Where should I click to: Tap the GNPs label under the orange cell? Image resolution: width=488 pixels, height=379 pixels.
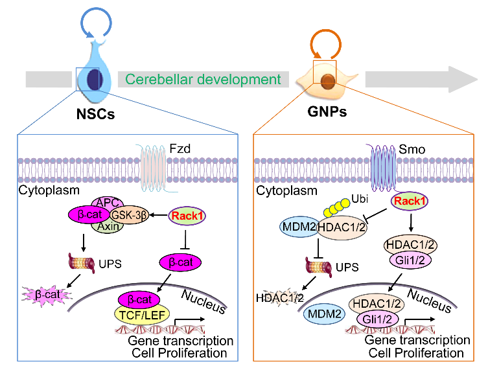[x=329, y=111]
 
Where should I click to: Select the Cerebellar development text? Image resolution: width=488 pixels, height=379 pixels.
[x=203, y=80]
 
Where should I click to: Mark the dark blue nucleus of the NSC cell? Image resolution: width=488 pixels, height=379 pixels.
[x=94, y=80]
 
